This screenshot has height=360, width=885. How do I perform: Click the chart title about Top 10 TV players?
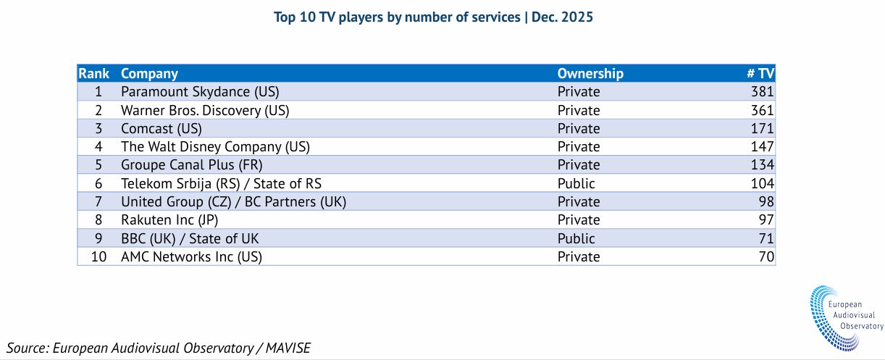433,17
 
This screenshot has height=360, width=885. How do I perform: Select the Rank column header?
93,73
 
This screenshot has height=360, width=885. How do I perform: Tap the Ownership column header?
590,73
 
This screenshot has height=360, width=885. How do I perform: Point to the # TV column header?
760,73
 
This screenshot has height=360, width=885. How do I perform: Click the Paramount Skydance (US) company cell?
200,92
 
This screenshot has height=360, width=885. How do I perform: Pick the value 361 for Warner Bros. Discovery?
762,110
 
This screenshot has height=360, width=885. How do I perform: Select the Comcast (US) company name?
162,128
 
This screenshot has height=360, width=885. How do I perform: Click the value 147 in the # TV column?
762,146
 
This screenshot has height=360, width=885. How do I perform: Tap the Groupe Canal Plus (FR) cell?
192,164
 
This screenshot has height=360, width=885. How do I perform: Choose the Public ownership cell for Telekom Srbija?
576,183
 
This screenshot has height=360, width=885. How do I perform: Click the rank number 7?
98,202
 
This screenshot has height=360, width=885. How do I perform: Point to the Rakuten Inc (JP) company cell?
169,219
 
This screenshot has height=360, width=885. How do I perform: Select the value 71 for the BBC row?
766,239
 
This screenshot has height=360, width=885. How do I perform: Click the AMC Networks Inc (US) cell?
192,257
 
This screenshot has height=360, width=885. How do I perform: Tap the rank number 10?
98,257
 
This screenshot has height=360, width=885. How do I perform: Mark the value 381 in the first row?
762,92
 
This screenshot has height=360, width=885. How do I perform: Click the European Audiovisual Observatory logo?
845,318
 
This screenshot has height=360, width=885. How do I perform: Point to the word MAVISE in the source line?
288,348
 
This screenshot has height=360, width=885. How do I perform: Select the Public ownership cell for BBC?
576,239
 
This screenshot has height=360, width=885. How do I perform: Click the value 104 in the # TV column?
762,183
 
